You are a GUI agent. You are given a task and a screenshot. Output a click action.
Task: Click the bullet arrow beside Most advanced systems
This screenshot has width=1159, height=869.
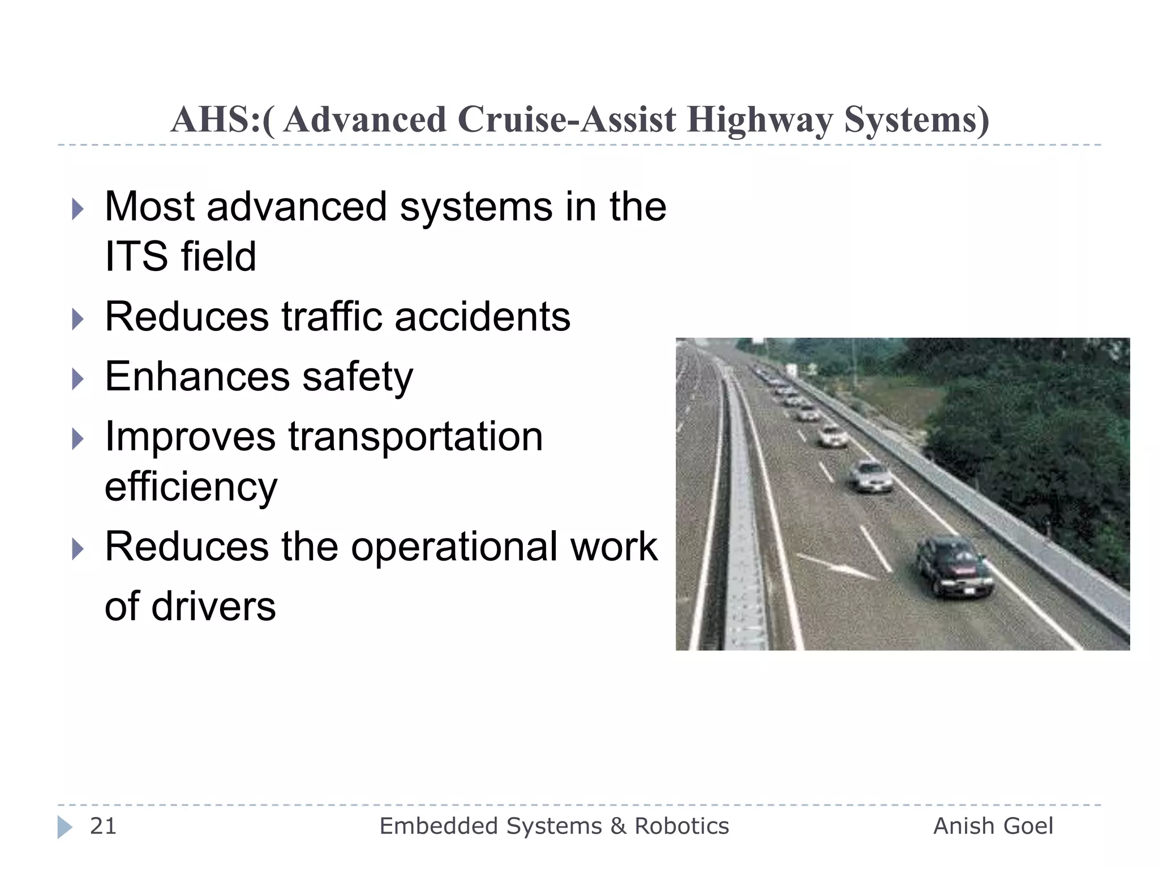pos(78,209)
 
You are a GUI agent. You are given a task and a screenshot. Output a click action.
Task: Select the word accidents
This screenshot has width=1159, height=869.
pos(482,316)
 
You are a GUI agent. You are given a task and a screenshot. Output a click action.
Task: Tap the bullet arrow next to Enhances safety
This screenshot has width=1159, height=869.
pos(78,379)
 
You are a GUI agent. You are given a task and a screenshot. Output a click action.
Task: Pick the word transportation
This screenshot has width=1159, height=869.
pos(415,437)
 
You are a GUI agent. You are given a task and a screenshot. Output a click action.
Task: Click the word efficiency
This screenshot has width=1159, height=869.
pos(191,487)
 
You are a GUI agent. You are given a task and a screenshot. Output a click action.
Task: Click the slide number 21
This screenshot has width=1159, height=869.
pos(103,826)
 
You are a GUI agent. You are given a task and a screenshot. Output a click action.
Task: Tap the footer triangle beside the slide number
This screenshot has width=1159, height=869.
pos(65,827)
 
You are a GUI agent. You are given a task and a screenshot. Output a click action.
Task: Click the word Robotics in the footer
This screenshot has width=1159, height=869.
pos(681,826)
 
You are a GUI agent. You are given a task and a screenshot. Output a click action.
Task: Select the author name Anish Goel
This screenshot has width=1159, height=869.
pos(993,826)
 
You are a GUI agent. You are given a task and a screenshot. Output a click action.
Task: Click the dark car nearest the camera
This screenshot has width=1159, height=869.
pos(954,566)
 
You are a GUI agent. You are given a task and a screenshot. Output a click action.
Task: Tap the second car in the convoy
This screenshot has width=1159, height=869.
pos(872,476)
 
